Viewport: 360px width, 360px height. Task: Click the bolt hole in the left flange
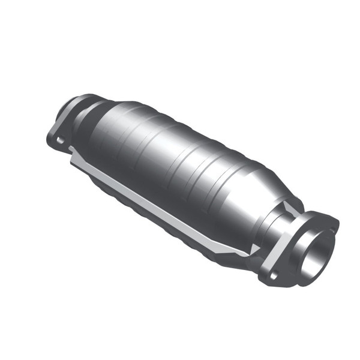[59, 140]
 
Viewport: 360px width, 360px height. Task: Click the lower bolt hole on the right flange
[273, 275]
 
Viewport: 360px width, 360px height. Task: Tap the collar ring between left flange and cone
[81, 114]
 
